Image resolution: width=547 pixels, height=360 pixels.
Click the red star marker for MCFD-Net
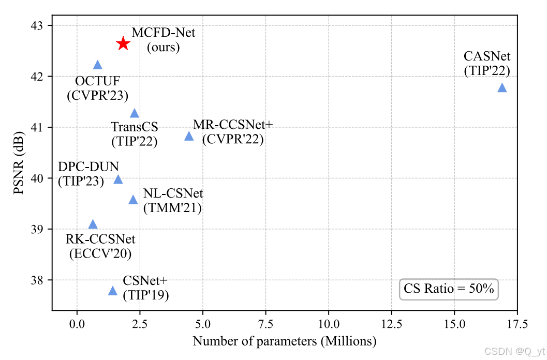pos(123,43)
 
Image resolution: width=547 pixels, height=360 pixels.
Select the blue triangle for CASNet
pos(501,88)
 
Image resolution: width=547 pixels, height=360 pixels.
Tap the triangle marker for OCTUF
pos(97,65)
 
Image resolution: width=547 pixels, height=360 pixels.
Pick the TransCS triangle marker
pos(135,113)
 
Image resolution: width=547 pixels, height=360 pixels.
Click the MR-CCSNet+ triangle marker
pos(189,136)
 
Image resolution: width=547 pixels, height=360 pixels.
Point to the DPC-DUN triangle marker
pos(118,179)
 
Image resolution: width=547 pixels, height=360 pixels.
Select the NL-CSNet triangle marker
pos(133,200)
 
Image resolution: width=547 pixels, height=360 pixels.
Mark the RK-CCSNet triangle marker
pos(93,224)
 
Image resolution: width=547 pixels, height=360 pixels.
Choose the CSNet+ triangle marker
pos(113,291)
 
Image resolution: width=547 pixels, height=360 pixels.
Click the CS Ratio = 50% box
pos(449,289)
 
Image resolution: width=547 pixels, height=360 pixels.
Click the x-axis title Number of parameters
pos(284,342)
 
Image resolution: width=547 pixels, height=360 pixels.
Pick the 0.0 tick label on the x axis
pos(77,325)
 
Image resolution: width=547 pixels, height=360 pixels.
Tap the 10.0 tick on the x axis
pos(328,325)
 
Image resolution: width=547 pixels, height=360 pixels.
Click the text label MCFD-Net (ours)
pos(164,40)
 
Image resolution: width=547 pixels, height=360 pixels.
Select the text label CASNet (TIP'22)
pos(487,63)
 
